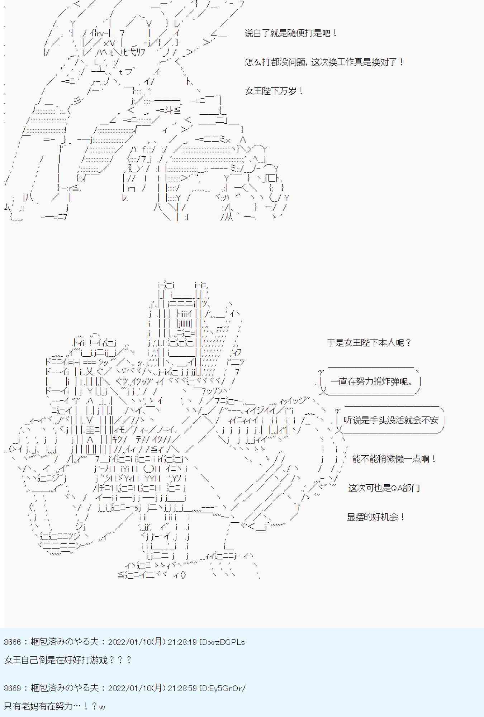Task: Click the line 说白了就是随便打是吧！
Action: [291, 33]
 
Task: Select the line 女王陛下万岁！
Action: [274, 91]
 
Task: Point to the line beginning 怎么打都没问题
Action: [324, 62]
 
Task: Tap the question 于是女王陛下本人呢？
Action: [369, 343]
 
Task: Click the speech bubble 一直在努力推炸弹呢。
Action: [371, 381]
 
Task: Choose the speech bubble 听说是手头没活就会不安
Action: [391, 420]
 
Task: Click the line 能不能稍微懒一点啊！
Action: [394, 459]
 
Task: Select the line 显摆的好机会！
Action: [376, 517]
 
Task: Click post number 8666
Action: [13, 642]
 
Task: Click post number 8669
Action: [13, 688]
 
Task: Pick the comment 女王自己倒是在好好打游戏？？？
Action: [68, 660]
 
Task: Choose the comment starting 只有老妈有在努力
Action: [55, 706]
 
